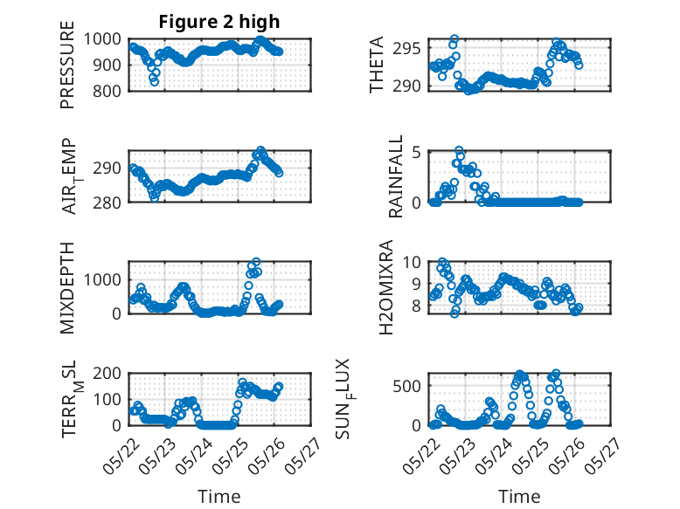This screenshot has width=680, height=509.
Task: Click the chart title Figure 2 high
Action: pyautogui.click(x=219, y=22)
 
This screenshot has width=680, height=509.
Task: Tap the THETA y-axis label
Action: pyautogui.click(x=377, y=65)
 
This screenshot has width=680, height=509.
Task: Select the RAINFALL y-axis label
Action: pyautogui.click(x=396, y=175)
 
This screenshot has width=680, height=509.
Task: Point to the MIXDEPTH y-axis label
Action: pyautogui.click(x=68, y=287)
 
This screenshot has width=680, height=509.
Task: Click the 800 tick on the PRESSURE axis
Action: pyautogui.click(x=109, y=91)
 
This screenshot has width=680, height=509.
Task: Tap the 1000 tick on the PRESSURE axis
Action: pyautogui.click(x=106, y=38)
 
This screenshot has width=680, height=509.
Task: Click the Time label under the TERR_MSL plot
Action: pyautogui.click(x=219, y=496)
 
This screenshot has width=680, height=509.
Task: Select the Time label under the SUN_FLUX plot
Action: pyautogui.click(x=519, y=496)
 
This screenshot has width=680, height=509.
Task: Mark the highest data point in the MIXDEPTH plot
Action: pyautogui.click(x=256, y=262)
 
